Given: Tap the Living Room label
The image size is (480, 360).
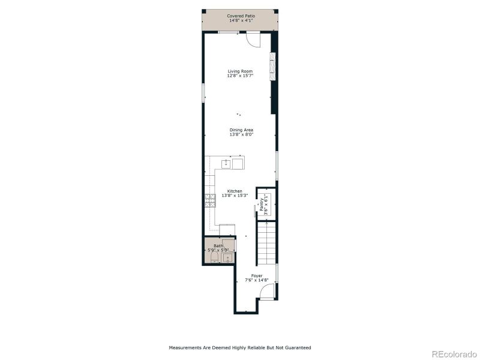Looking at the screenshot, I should coord(239,71).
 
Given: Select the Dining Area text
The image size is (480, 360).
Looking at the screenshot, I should coord(241,130).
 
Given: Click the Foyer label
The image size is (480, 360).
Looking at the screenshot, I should coord(257,276).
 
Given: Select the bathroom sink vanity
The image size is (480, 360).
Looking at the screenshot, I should coord(227,258).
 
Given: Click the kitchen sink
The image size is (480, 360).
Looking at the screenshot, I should coord(226,163).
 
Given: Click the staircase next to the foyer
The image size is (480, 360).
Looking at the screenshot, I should coord(267,243).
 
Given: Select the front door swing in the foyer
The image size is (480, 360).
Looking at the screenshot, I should coord(268,292).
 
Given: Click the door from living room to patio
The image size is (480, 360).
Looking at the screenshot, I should coord(253,39).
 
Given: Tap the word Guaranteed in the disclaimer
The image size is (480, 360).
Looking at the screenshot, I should coord(296,347).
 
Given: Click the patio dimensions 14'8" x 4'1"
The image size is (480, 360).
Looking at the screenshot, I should coord(239,20).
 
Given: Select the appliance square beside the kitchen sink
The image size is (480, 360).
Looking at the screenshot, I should coord(238,163).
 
